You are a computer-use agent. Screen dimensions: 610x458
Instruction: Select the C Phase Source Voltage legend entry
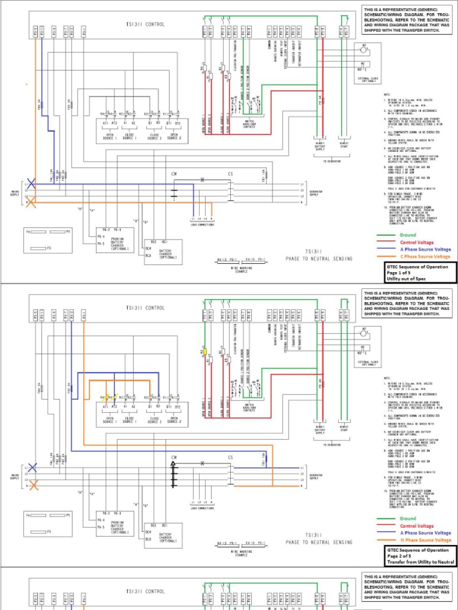pyautogui.click(x=425, y=256)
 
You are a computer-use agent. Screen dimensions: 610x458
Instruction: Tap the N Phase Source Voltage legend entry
pyautogui.click(x=425, y=540)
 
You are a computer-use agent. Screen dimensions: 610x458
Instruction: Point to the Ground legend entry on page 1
pyautogui.click(x=408, y=235)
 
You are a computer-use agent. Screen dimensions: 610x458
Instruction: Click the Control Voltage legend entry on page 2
pyautogui.click(x=416, y=526)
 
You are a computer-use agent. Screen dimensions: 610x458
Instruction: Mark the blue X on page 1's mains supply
pyautogui.click(x=32, y=184)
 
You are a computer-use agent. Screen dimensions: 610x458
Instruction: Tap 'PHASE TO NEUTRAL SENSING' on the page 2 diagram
pyautogui.click(x=319, y=542)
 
